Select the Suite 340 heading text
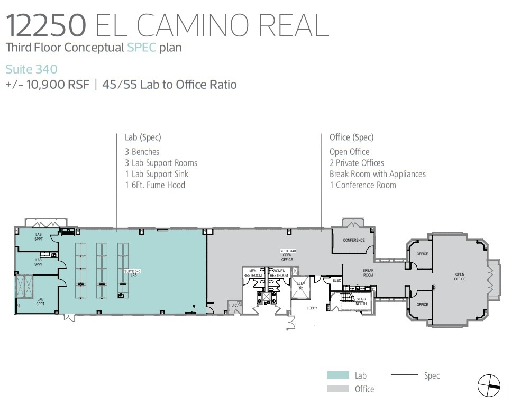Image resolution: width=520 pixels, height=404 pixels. (31, 69)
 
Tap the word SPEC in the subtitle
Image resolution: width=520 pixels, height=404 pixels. (141, 48)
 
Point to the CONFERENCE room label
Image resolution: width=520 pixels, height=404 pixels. (353, 240)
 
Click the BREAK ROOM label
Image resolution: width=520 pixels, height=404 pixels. (368, 273)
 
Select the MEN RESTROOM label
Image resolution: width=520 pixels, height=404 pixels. (253, 273)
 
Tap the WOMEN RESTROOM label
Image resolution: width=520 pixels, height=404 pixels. (279, 273)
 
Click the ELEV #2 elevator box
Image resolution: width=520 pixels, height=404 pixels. (300, 286)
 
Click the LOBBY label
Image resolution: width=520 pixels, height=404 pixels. (312, 308)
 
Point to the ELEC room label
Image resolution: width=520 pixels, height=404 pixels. (337, 280)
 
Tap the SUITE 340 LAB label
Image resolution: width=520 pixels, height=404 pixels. (130, 273)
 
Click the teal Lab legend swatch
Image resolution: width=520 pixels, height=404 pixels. (337, 375)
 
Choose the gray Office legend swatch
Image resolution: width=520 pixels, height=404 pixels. (337, 389)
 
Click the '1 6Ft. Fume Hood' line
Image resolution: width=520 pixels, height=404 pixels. (155, 185)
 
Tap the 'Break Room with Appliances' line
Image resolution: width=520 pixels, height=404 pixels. (377, 174)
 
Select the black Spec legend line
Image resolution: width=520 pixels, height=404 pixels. (404, 375)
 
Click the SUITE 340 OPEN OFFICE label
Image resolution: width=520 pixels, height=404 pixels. (287, 255)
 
